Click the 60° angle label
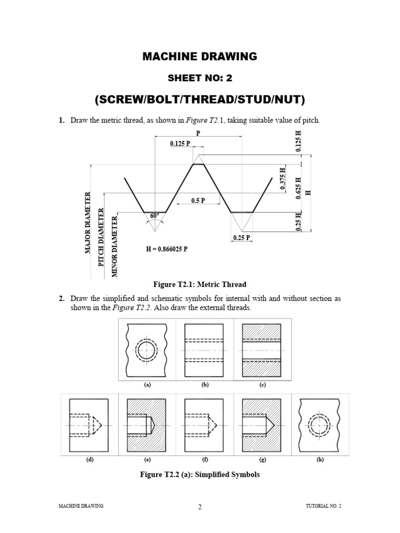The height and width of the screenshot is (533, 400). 154,216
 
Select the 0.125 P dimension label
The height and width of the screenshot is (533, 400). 180,144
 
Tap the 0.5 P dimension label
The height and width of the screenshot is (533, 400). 198,200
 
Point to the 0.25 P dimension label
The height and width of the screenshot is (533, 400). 242,237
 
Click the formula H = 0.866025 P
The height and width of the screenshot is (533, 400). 167,249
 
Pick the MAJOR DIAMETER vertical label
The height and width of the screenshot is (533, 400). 87,223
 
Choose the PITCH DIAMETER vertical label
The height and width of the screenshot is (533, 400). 101,237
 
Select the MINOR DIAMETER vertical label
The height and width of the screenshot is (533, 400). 115,246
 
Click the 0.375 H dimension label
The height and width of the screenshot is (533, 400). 282,179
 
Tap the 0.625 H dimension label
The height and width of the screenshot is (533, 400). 298,188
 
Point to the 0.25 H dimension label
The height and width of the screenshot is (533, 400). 298,222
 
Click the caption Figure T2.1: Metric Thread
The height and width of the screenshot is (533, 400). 199,284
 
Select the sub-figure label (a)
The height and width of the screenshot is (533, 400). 147,385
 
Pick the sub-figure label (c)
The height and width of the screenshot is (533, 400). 262,385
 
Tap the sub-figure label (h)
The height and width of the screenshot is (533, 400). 320,460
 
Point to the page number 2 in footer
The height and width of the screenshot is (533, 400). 199,507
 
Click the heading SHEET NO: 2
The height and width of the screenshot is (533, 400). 200,78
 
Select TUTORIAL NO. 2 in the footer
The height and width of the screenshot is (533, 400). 323,506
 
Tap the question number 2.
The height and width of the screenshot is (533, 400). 61,298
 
